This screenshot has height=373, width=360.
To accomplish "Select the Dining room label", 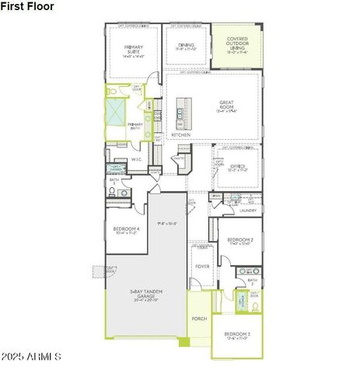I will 186,46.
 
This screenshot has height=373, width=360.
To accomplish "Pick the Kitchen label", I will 180,134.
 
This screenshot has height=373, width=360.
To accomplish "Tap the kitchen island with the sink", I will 183,113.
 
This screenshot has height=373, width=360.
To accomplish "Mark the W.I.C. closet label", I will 135,160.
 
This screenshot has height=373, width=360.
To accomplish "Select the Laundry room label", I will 248,210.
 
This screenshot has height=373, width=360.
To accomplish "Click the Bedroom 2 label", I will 238,240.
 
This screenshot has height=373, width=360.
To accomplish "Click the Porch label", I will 199,317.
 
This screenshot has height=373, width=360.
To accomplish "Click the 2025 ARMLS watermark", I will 31,357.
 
